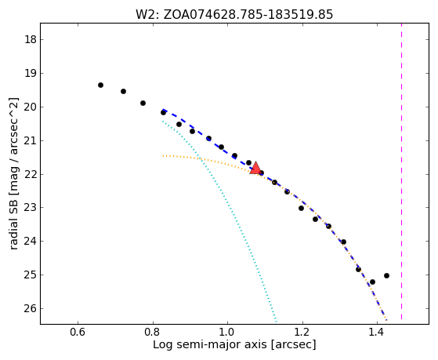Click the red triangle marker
[x=255, y=168]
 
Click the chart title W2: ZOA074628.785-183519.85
[x=234, y=14]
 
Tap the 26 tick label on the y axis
[x=31, y=308]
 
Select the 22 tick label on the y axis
[x=31, y=174]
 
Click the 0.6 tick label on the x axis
[x=78, y=333]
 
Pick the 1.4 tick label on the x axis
[x=377, y=333]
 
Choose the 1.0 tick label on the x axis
[x=228, y=333]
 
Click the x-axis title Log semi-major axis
[x=210, y=344]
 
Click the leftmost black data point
[x=100, y=85]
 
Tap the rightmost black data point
[x=386, y=276]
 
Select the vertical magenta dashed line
[x=402, y=171]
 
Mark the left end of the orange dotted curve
[x=163, y=155]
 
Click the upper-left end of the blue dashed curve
[x=163, y=109]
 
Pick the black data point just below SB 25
[x=372, y=282]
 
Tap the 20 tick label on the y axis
[x=31, y=107]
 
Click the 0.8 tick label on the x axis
[x=153, y=333]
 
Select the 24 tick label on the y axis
[x=31, y=241]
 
